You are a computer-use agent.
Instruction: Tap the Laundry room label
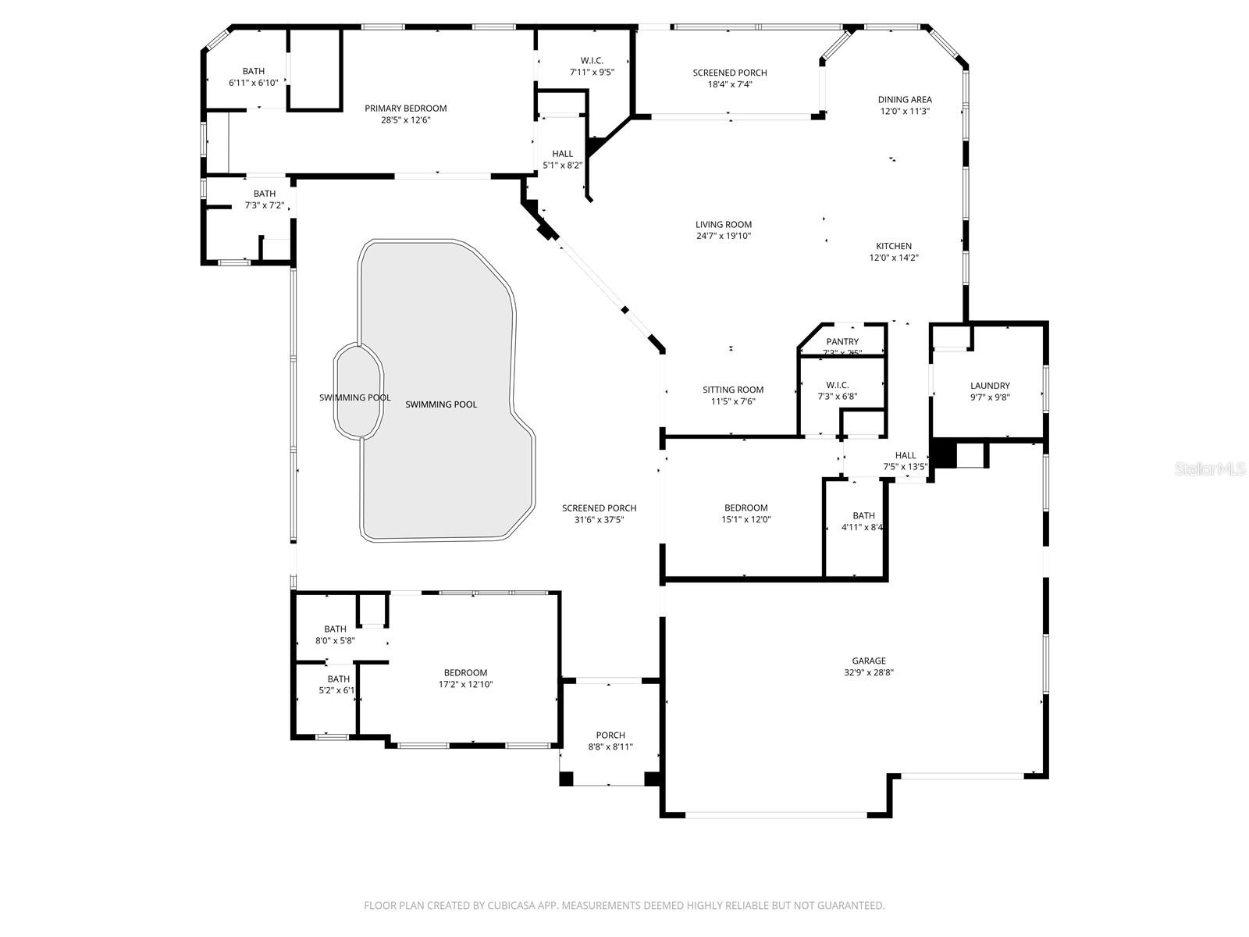[990, 386]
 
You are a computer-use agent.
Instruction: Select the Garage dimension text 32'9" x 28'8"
[869, 672]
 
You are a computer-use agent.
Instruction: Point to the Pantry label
[842, 342]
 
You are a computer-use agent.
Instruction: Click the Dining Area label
[905, 100]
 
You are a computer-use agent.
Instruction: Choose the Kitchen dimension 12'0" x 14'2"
[894, 258]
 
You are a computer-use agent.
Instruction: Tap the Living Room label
[724, 225]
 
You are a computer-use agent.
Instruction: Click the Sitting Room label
[733, 390]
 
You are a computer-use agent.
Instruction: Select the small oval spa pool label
[354, 398]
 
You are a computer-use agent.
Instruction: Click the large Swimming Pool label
[441, 404]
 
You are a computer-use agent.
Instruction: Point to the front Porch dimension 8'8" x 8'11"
[610, 747]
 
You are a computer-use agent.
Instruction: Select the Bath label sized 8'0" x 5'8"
[335, 629]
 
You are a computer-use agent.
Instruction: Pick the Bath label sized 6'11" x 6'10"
[253, 71]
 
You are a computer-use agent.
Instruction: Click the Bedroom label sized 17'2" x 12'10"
[465, 673]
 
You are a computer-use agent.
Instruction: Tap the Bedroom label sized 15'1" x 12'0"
[745, 508]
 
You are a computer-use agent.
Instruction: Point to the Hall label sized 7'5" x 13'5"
[906, 456]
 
